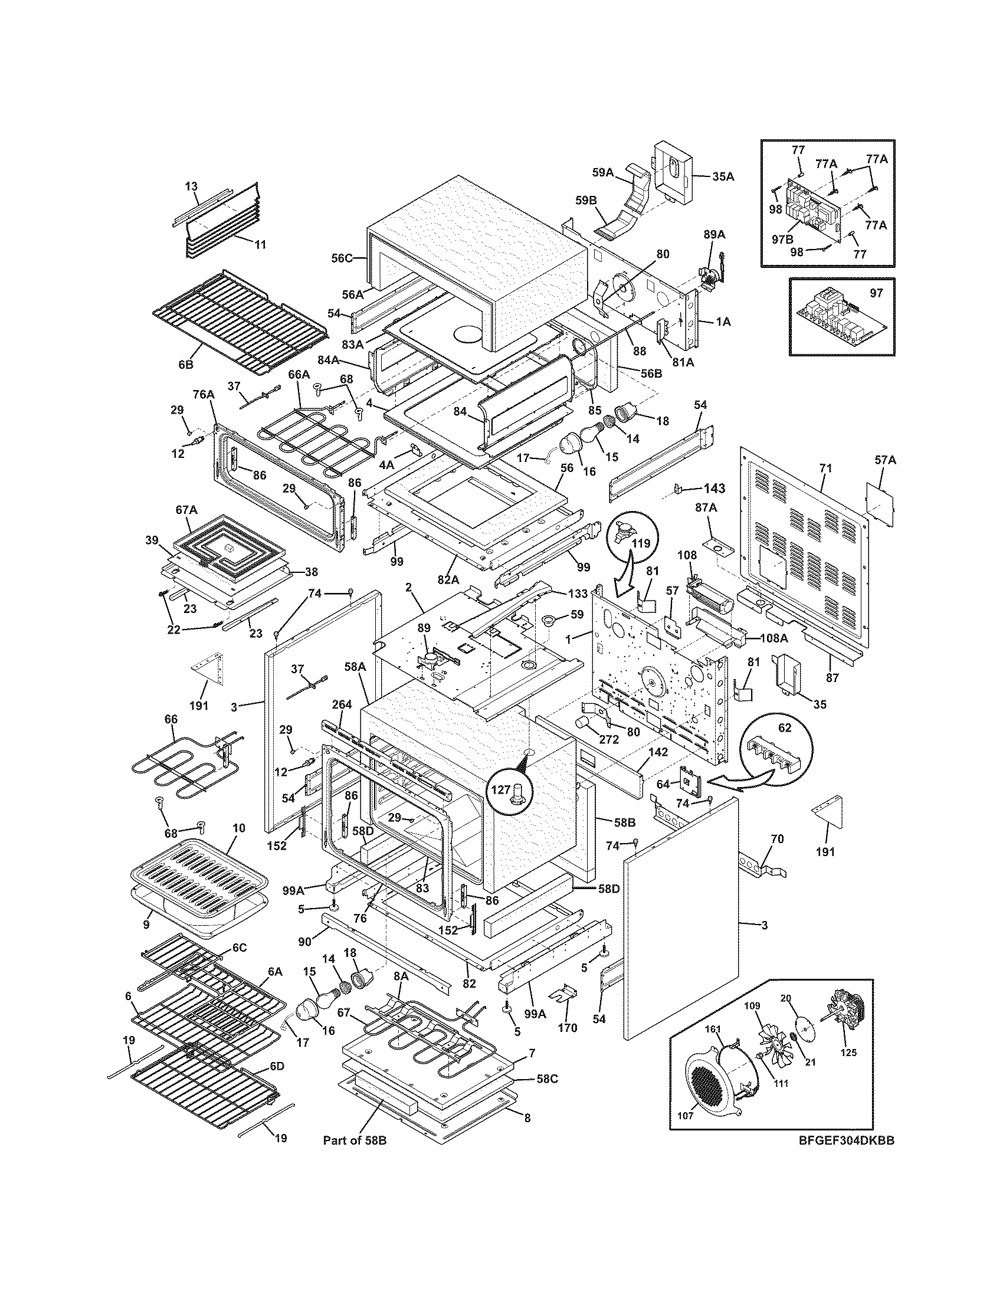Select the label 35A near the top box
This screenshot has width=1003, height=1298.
click(723, 176)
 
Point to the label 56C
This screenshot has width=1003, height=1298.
click(342, 258)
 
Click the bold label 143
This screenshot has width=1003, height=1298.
click(714, 489)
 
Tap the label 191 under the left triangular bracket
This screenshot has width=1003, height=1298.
click(199, 706)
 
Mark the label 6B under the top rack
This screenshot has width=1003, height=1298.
click(185, 365)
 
